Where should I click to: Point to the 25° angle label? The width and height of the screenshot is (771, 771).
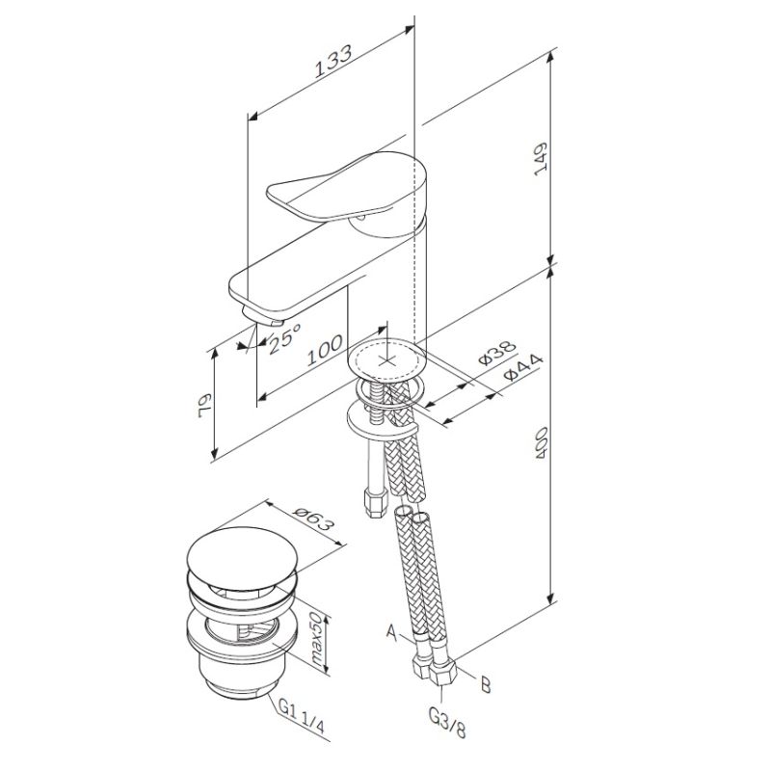tap(285, 340)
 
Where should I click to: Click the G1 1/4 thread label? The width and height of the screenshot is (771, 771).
tap(300, 714)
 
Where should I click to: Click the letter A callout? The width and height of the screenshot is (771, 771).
tap(389, 633)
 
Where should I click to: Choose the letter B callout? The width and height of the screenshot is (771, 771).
tap(485, 685)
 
